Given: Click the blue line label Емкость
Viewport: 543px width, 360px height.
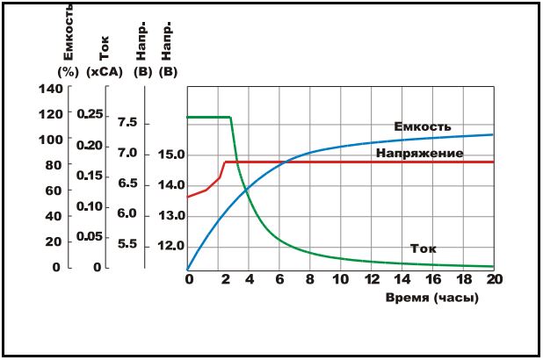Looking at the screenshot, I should [x=423, y=126].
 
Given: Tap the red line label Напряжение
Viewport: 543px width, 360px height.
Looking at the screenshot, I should [x=419, y=153].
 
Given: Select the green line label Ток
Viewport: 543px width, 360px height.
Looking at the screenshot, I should [x=424, y=248].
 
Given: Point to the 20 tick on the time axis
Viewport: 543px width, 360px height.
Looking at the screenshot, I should [x=493, y=280].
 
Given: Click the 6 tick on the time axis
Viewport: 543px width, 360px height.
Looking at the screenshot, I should [x=279, y=280].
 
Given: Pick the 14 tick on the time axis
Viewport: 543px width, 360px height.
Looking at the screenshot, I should [x=402, y=280].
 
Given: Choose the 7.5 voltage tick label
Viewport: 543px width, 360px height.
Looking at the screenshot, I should [x=127, y=123].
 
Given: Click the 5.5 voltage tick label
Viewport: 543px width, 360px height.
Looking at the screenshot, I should [x=127, y=244].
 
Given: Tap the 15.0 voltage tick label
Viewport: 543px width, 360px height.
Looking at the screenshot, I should [x=171, y=155].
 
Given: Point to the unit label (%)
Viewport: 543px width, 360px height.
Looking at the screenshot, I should [x=68, y=71].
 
